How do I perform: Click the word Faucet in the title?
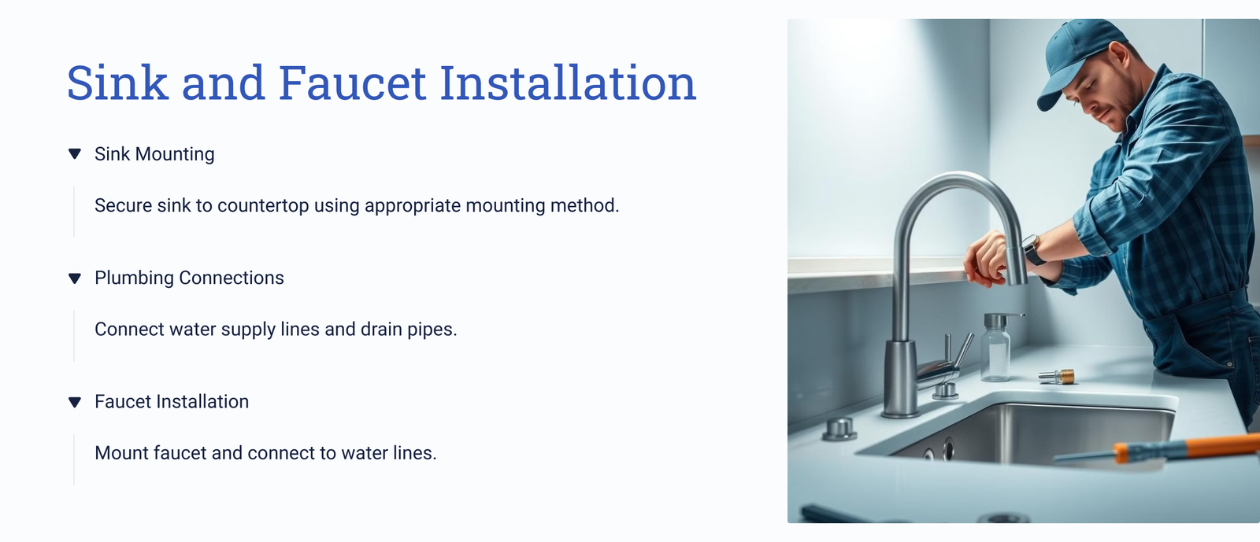(x=352, y=83)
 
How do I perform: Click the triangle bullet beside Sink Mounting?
(x=74, y=154)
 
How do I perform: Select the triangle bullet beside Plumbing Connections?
(x=74, y=278)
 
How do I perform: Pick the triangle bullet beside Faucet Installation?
(x=74, y=402)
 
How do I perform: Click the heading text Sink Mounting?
(x=154, y=154)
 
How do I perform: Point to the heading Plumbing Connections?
(x=189, y=278)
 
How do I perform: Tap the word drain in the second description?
(x=381, y=329)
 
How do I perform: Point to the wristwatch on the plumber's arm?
(x=1032, y=249)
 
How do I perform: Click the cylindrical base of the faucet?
(x=900, y=380)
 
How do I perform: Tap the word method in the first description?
(x=584, y=205)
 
